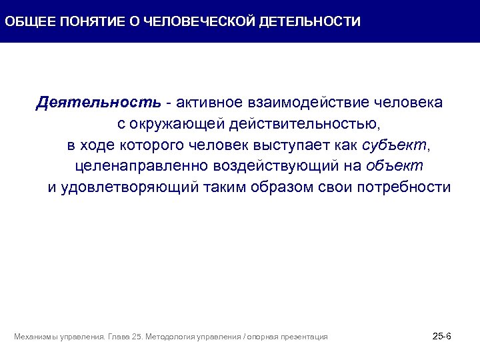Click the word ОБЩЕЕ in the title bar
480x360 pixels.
coord(29,21)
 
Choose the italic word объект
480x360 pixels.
coord(395,165)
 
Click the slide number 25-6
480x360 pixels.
coord(441,336)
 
